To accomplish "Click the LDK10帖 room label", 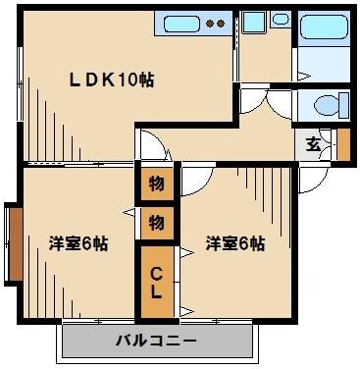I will [x=110, y=79].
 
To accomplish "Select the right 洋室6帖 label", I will [x=234, y=243].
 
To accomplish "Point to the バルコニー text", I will [x=157, y=341].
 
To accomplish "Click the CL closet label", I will [x=157, y=279].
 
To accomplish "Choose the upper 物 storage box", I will [x=156, y=184].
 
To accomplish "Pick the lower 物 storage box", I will [x=156, y=223].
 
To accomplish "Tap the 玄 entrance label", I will [x=312, y=144].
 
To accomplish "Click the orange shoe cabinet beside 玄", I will [x=342, y=143].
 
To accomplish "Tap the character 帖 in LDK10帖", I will [x=146, y=79].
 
